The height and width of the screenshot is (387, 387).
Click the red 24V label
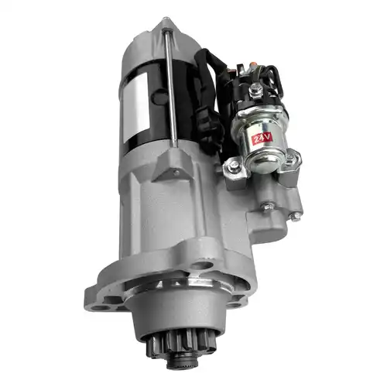pos(262,139)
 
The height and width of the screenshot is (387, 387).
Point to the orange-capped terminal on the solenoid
pos(252,64)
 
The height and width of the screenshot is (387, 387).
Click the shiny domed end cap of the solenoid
pos(259,161)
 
